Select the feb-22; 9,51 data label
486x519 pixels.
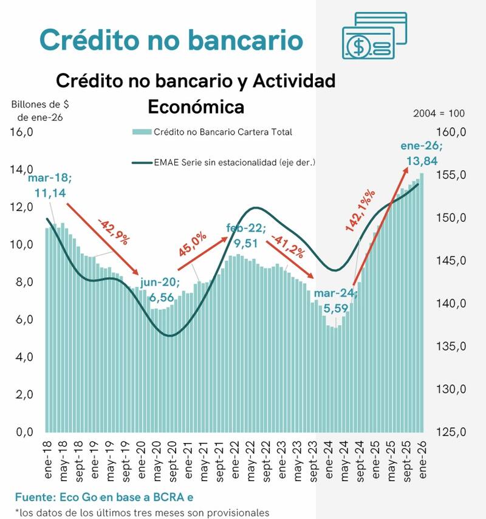246,235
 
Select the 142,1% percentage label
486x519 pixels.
360,209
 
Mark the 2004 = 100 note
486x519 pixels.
439,114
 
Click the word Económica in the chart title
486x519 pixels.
196,106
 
